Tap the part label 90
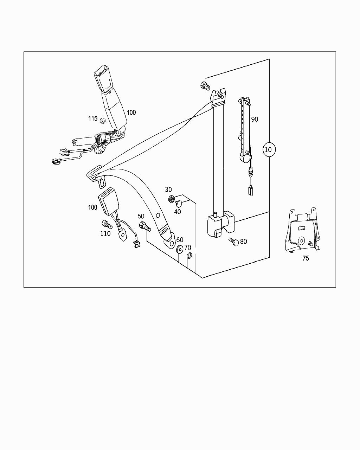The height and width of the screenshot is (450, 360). (255, 119)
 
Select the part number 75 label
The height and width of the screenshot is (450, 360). (306, 258)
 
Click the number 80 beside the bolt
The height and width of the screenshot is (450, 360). (243, 242)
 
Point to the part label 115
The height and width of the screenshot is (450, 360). (93, 118)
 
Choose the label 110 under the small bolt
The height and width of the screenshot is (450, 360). (105, 233)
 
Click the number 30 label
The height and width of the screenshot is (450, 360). (168, 190)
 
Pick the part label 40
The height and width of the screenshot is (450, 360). (178, 212)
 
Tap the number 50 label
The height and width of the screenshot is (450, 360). (141, 216)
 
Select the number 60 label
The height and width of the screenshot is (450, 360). (180, 240)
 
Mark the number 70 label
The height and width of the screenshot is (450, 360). (188, 248)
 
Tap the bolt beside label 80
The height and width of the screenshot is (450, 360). (233, 242)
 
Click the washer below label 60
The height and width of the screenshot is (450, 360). (180, 249)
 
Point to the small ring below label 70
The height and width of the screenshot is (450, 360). (189, 256)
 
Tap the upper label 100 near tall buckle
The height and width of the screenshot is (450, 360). (131, 112)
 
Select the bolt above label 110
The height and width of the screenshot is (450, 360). (106, 224)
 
